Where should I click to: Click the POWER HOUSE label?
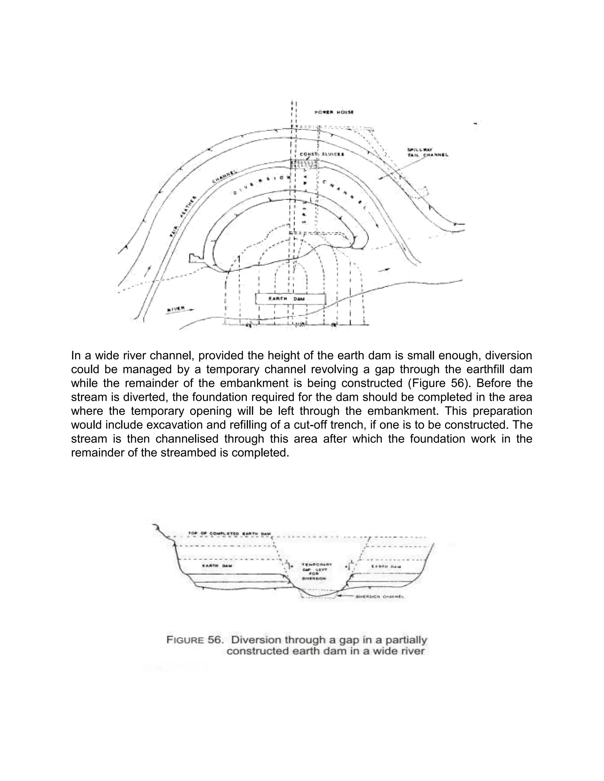tap(334, 112)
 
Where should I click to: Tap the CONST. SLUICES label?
tap(322, 154)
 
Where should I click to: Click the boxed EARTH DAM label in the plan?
tap(290, 299)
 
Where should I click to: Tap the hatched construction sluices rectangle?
tap(304, 164)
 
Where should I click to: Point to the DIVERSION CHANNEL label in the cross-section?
tap(380, 597)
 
